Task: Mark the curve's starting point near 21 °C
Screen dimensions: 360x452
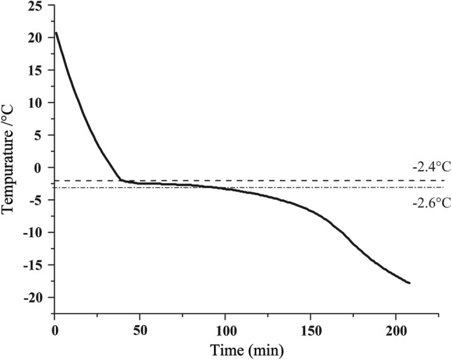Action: pos(56,32)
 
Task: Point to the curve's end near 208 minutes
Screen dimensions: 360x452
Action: pos(409,283)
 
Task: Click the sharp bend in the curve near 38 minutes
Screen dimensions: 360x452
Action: pos(120,180)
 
